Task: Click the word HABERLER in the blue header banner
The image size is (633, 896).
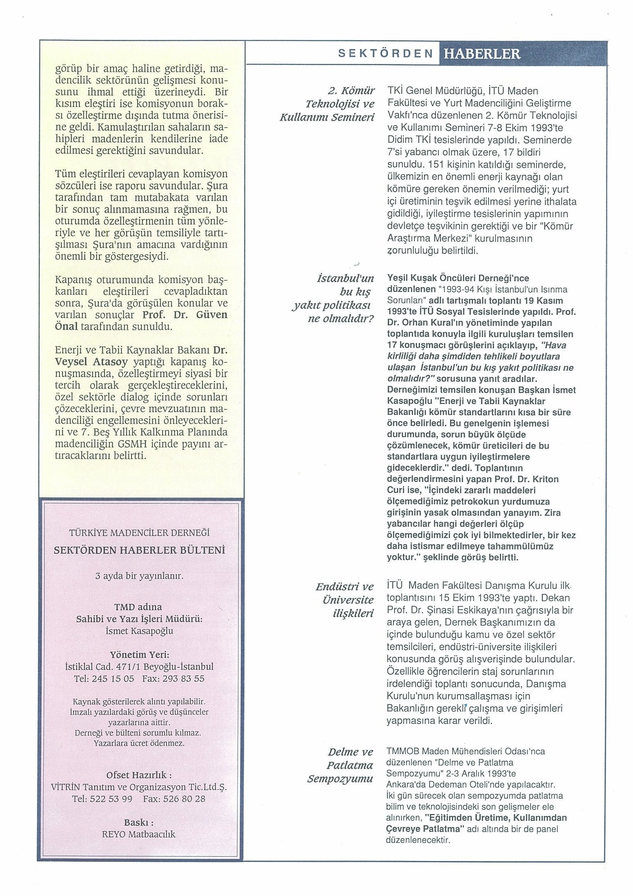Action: [x=481, y=54]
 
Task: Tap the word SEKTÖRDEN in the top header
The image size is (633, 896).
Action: [x=385, y=54]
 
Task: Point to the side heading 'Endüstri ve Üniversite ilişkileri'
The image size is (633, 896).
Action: [x=345, y=600]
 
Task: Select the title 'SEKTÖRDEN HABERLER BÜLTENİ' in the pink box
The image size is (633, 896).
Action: [x=140, y=550]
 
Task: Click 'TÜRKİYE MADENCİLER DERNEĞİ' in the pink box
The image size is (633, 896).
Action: [x=140, y=533]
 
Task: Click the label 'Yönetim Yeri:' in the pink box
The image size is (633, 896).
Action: [x=139, y=655]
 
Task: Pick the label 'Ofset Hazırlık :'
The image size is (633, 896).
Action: [x=139, y=775]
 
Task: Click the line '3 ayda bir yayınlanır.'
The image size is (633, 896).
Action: [x=139, y=576]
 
